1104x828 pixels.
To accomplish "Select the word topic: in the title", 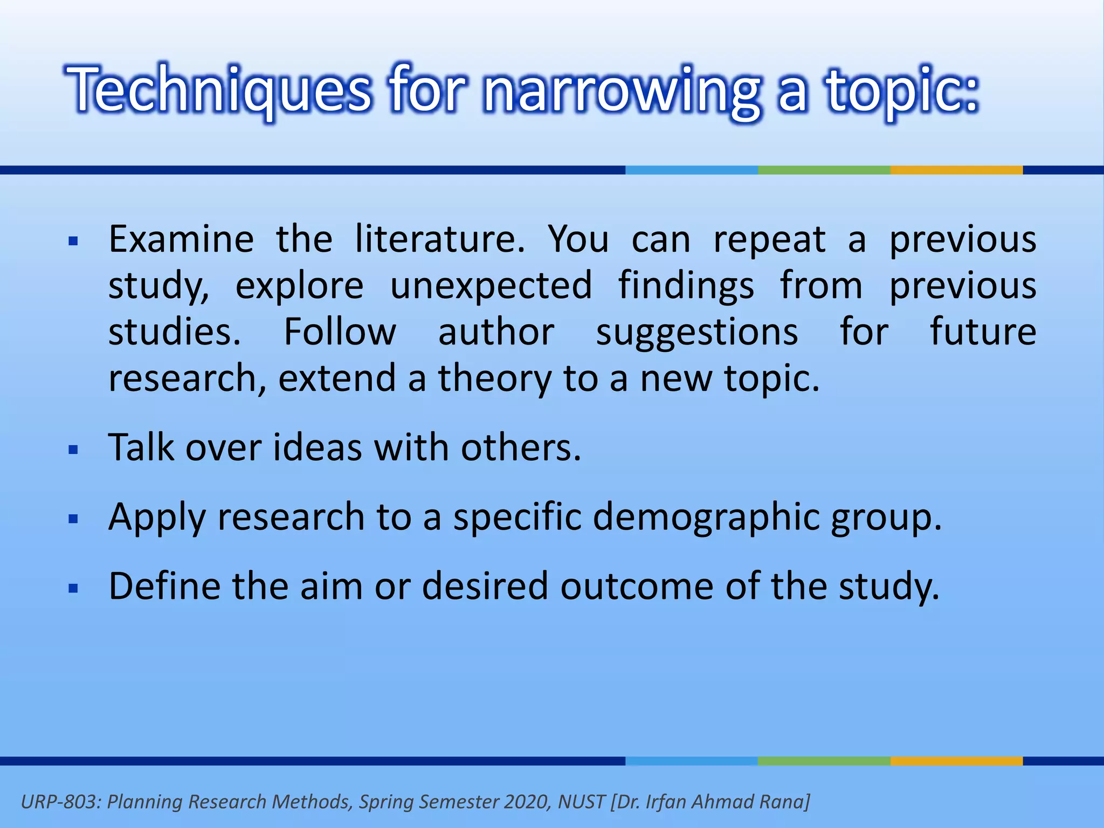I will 902,89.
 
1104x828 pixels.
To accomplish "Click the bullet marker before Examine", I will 74,241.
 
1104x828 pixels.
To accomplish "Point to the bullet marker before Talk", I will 74,450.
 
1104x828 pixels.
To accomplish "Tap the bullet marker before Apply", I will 74,519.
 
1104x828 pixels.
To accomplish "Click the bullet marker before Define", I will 74,588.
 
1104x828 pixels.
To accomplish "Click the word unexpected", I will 491,285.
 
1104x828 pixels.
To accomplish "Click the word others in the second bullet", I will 521,447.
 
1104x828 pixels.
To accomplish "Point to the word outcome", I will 637,586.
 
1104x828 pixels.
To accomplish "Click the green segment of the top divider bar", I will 824,170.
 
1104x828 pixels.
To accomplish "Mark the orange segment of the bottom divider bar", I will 956,761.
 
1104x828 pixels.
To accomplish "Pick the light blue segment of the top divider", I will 691,170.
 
